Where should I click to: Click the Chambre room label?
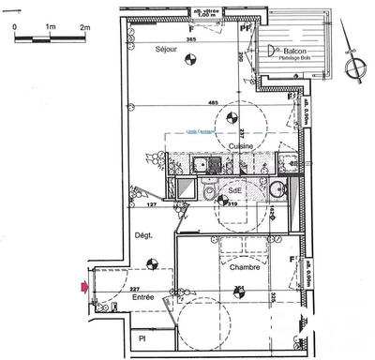[243, 267]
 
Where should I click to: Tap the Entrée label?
[142, 297]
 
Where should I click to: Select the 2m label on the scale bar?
[84, 28]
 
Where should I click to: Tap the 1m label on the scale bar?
[49, 28]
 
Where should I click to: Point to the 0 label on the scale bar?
[15, 28]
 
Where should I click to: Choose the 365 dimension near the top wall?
[190, 39]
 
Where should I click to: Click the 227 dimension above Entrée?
[135, 289]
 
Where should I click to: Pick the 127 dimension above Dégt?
[150, 203]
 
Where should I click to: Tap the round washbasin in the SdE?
[276, 189]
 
